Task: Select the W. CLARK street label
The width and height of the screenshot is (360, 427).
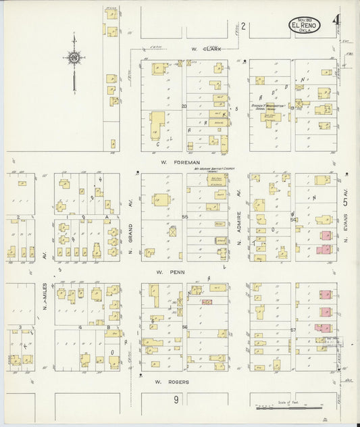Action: [203, 49]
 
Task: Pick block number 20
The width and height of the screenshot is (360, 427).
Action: [183, 107]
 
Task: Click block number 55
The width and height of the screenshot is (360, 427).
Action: [184, 216]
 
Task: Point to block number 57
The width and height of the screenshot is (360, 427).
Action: [293, 330]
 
